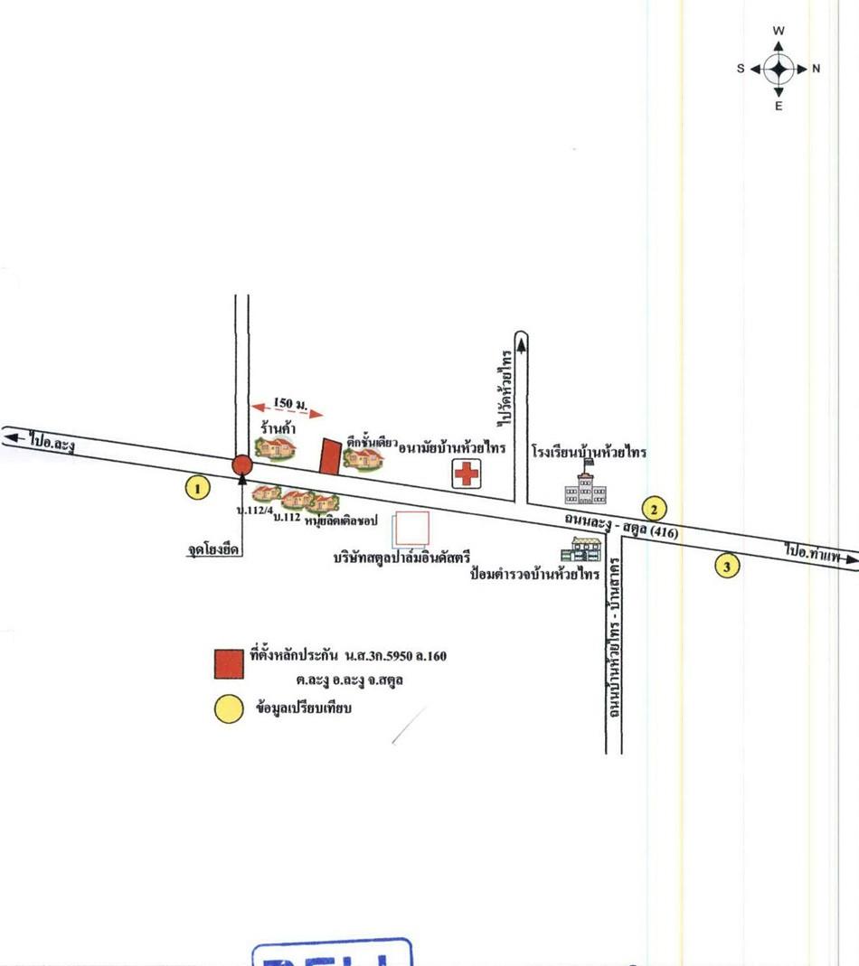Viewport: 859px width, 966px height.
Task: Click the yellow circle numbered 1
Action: (x=197, y=489)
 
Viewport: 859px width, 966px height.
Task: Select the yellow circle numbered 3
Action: (x=727, y=567)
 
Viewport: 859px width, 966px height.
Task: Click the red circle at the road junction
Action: (x=241, y=465)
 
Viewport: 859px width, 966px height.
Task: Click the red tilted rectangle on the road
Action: (x=330, y=455)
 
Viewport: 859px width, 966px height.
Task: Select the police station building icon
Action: (x=586, y=549)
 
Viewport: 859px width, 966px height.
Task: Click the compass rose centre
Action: (x=779, y=69)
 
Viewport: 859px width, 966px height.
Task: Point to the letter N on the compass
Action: (x=817, y=69)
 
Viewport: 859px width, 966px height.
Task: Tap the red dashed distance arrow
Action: (x=287, y=411)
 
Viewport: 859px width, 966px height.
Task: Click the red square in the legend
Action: (x=229, y=663)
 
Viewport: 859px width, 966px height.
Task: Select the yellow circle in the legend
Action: (x=229, y=708)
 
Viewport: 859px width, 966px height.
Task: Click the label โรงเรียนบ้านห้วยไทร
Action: (x=589, y=451)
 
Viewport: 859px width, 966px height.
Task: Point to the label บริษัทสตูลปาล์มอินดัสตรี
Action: (x=402, y=558)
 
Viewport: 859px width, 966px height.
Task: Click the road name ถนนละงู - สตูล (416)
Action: (x=620, y=525)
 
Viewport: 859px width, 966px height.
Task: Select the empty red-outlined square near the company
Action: (x=411, y=529)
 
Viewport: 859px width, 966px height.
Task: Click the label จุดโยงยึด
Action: (x=208, y=549)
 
